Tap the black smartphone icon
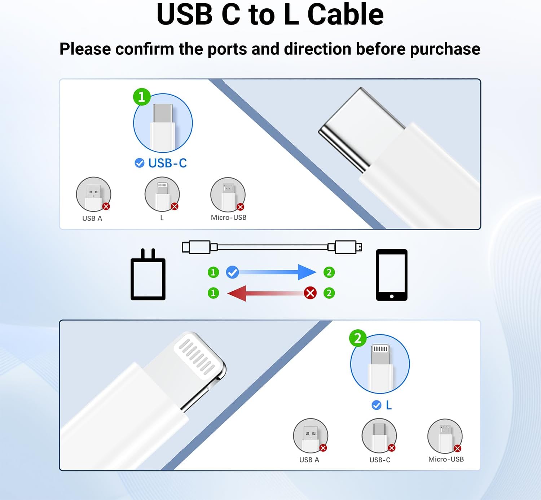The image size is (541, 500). click(x=392, y=275)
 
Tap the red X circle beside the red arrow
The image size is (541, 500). click(x=310, y=293)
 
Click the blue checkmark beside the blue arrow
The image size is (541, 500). click(x=232, y=272)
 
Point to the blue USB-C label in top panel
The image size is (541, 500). click(x=167, y=163)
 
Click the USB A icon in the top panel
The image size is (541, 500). click(x=93, y=194)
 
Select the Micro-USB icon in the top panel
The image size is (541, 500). click(x=228, y=195)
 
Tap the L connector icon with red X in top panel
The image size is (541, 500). click(x=162, y=194)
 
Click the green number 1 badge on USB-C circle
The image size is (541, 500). click(x=142, y=97)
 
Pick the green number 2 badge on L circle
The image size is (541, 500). click(x=358, y=338)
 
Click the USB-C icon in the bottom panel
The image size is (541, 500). click(x=379, y=436)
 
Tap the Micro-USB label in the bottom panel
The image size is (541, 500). click(x=446, y=459)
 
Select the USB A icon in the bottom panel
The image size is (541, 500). click(x=311, y=436)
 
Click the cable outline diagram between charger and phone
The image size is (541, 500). click(x=272, y=247)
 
